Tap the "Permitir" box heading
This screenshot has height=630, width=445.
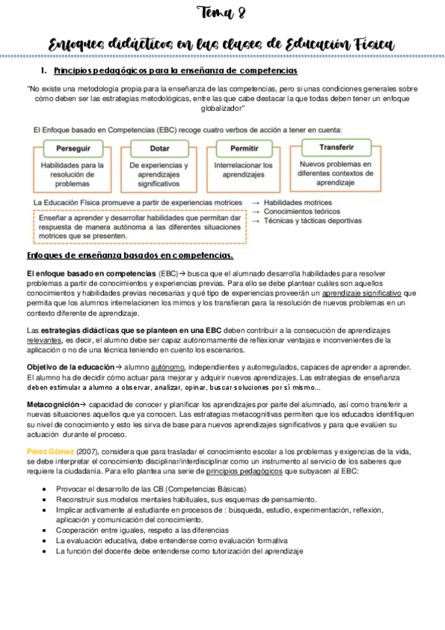[x=244, y=148]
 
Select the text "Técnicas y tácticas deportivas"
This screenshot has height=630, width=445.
[x=313, y=221]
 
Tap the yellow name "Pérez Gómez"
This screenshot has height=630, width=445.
[x=46, y=452]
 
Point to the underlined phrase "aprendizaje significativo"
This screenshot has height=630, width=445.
[x=363, y=293]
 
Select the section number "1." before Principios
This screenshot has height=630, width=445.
[x=45, y=71]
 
